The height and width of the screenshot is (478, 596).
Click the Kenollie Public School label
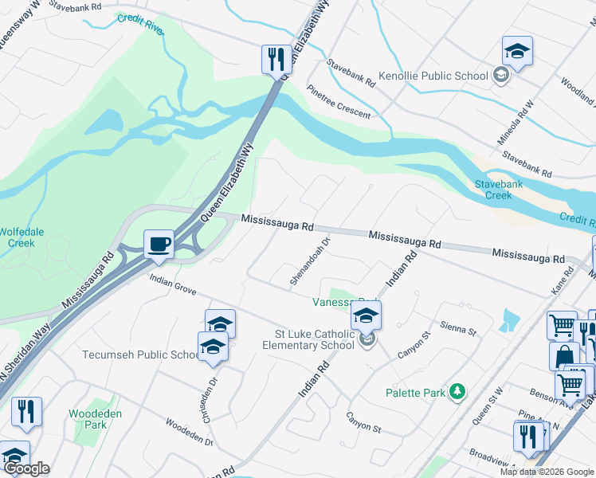433,76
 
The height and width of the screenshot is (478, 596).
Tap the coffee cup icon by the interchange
159,244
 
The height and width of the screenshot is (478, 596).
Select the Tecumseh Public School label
140,355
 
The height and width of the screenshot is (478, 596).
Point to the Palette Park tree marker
457,391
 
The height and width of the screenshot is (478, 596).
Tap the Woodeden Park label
88,419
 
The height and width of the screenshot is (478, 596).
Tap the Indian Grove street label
173,284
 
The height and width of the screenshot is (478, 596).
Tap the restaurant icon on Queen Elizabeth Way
273,58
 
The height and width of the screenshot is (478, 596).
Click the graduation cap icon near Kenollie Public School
517,52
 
